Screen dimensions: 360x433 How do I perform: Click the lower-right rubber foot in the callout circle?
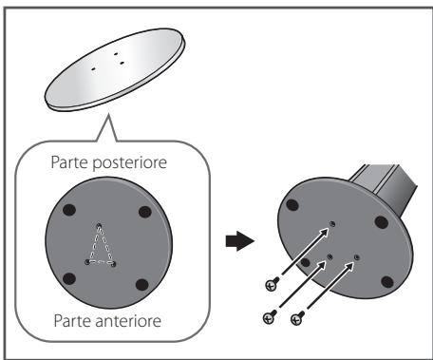point(143,281)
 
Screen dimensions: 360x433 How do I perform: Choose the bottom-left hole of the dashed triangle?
point(86,263)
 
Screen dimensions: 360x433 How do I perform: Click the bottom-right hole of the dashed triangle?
point(114,264)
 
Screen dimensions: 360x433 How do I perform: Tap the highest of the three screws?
point(273,282)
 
